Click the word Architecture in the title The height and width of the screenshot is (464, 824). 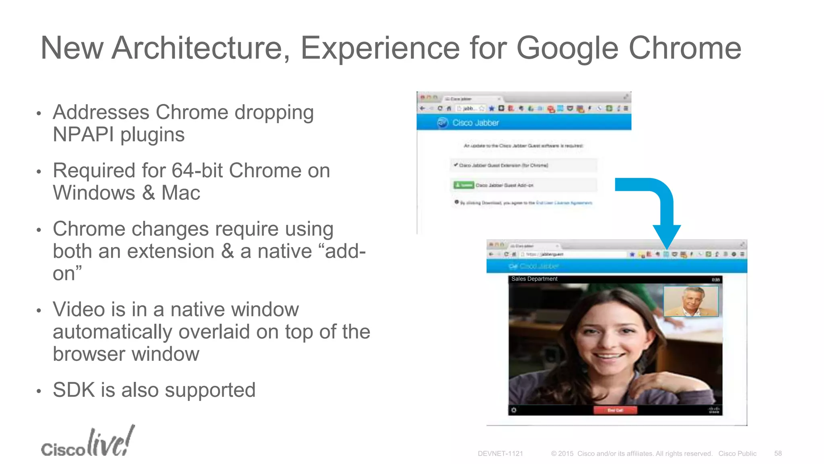click(200, 48)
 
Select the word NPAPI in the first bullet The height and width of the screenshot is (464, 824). click(83, 135)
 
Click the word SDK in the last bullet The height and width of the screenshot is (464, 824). click(73, 390)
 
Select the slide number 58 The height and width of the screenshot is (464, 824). click(778, 454)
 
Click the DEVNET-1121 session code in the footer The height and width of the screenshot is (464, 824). click(500, 454)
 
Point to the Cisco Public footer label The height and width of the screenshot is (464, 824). click(737, 454)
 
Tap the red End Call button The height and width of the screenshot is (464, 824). click(615, 410)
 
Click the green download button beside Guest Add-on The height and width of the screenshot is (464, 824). click(463, 185)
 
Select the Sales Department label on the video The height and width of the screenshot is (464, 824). click(534, 279)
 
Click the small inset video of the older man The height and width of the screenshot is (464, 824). click(690, 301)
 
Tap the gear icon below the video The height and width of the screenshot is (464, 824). click(514, 410)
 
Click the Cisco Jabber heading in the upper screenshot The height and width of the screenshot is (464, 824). click(476, 123)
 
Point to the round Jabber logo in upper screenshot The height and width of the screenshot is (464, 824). click(443, 122)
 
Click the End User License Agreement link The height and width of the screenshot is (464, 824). click(564, 203)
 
